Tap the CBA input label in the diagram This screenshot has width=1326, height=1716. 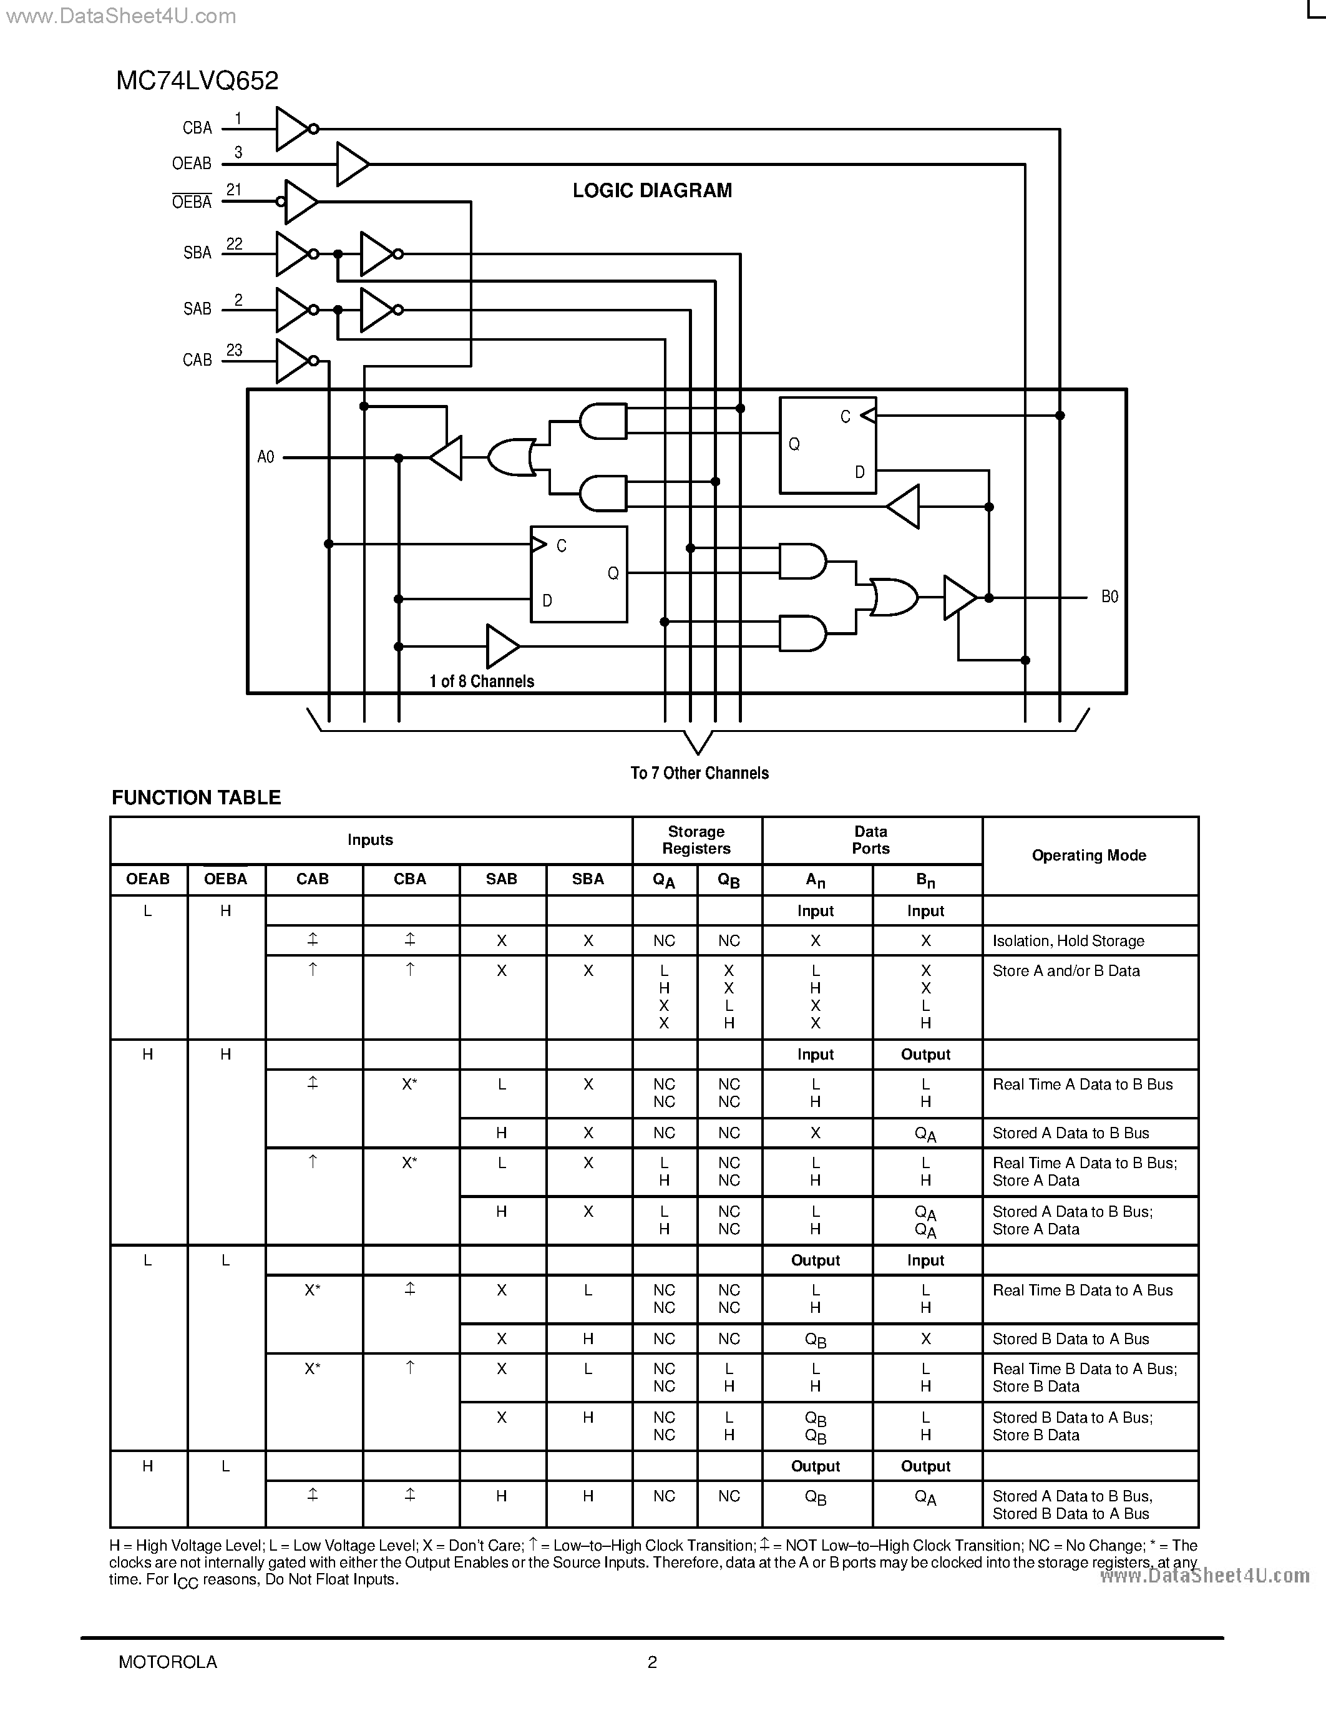[197, 128]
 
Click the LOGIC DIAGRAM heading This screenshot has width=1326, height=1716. [652, 191]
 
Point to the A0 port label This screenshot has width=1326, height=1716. [266, 457]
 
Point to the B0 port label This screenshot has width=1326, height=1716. [1109, 597]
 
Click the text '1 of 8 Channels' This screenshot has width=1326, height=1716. [482, 681]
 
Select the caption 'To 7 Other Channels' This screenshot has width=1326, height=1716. [699, 773]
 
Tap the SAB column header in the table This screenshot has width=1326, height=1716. [501, 879]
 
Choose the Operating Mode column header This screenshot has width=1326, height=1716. [1089, 856]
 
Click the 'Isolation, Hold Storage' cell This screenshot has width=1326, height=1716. [1068, 941]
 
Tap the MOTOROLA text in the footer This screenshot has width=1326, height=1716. [167, 1662]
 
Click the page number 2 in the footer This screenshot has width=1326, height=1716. [652, 1662]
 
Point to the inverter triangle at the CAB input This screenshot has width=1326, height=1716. [292, 361]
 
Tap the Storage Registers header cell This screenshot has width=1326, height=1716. [696, 840]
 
